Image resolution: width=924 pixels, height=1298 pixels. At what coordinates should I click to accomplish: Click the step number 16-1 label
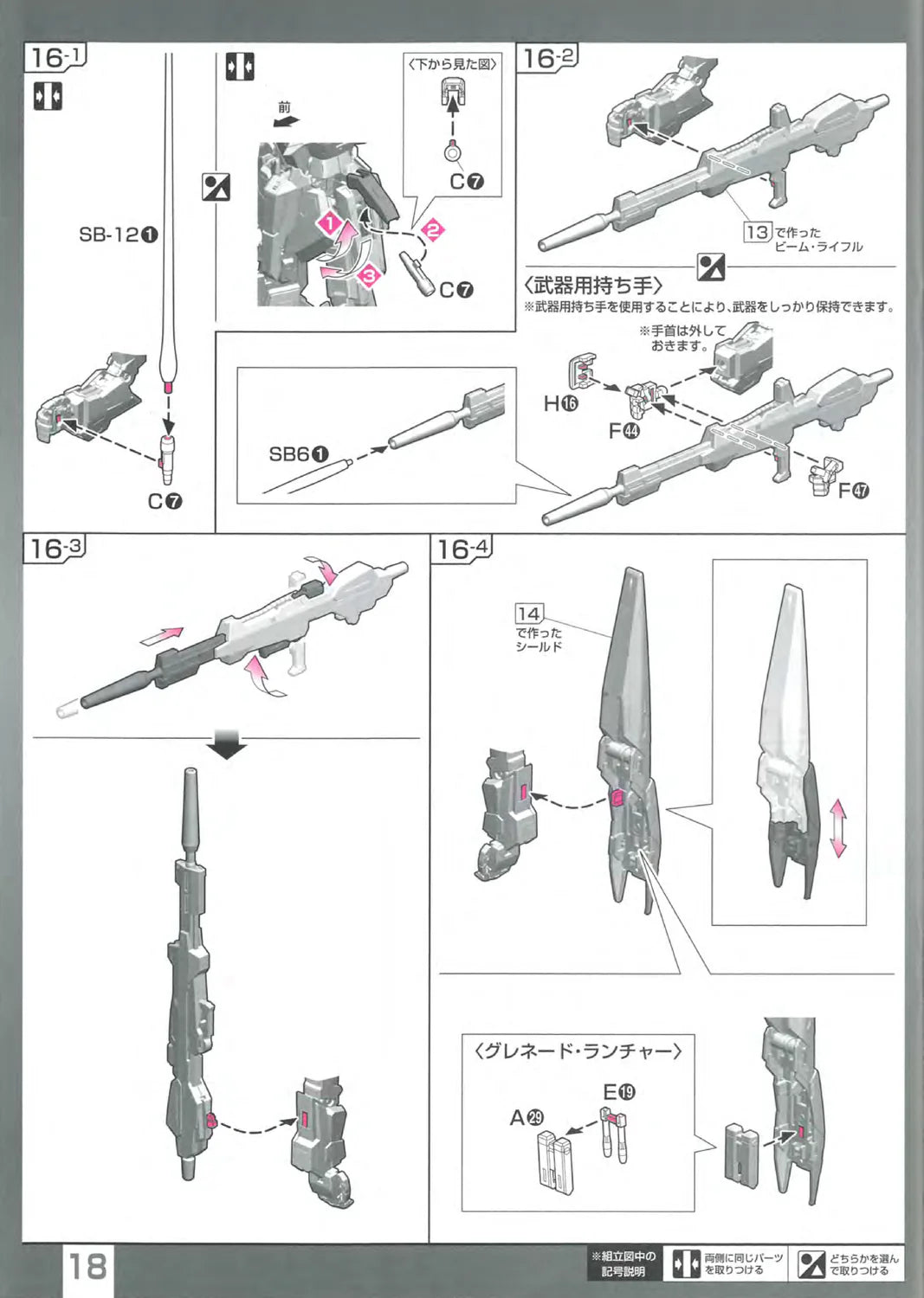(55, 59)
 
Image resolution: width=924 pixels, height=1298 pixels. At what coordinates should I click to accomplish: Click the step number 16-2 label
(547, 59)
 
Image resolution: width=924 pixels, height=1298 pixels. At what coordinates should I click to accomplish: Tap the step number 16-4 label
(462, 549)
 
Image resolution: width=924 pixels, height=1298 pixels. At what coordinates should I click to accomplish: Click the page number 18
(87, 1267)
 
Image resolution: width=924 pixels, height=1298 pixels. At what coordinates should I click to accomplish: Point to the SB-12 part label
(119, 235)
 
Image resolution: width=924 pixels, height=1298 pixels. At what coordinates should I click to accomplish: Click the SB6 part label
(299, 454)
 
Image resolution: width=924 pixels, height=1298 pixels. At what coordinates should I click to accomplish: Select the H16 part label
(560, 402)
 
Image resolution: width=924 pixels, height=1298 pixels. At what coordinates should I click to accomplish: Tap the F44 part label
(624, 430)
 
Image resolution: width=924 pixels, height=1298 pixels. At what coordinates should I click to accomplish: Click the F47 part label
(853, 491)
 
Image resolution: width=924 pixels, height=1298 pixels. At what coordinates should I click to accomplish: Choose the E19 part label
(619, 1092)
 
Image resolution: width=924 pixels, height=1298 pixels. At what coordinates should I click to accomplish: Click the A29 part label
(527, 1117)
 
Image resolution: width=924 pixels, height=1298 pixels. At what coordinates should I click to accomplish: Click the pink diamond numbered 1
(330, 224)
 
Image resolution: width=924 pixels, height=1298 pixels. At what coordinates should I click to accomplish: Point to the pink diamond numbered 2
(432, 230)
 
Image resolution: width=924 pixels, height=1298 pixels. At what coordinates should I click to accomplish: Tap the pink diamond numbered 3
(370, 276)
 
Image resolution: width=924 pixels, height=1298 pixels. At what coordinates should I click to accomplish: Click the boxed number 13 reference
(757, 232)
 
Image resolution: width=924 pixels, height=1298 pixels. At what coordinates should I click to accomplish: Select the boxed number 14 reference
(528, 614)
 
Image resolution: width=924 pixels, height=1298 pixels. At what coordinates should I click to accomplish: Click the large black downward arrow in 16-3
(227, 746)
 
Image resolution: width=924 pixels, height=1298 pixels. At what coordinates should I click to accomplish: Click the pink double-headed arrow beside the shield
(837, 828)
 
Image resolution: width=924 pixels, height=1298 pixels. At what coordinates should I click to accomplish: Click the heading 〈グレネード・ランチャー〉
(578, 1051)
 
